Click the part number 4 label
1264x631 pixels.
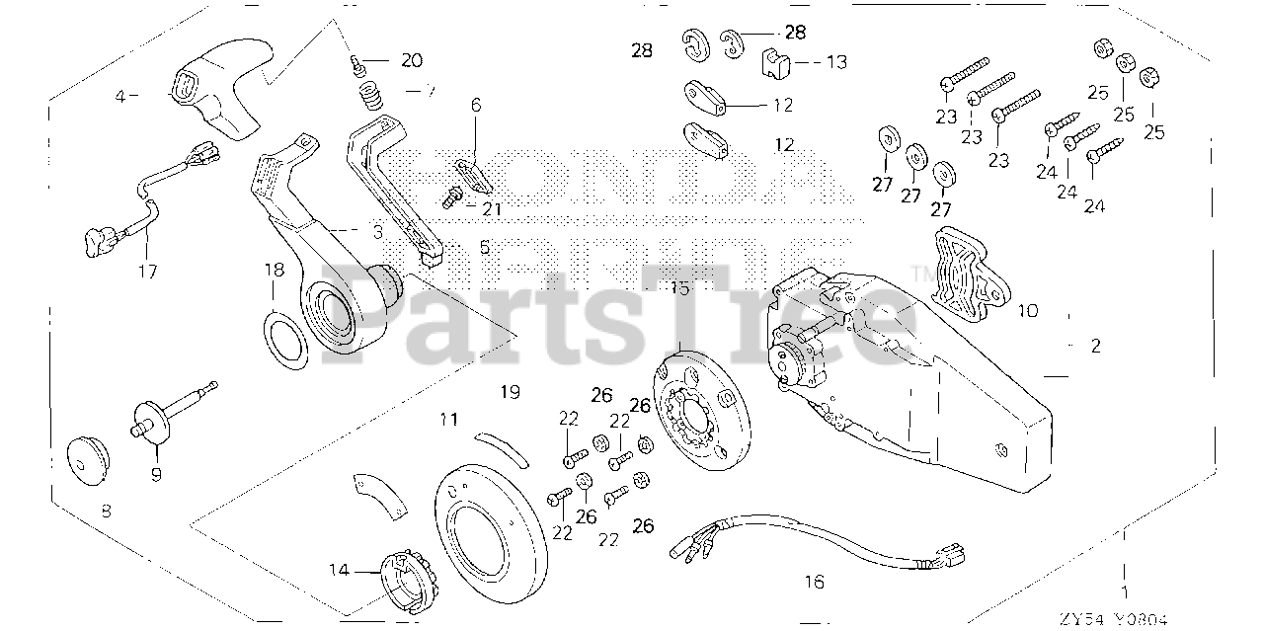[x=120, y=96]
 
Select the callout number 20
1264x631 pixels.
[x=410, y=60]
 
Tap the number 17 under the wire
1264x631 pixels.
[x=147, y=271]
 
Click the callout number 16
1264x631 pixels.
[x=813, y=583]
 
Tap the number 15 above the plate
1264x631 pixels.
[x=679, y=288]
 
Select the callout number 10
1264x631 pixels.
[x=1027, y=310]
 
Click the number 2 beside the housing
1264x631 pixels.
[x=1095, y=347]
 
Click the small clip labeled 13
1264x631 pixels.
[x=776, y=65]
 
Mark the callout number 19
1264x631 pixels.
[x=509, y=392]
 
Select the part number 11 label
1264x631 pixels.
[x=449, y=420]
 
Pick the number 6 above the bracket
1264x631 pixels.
[x=475, y=104]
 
